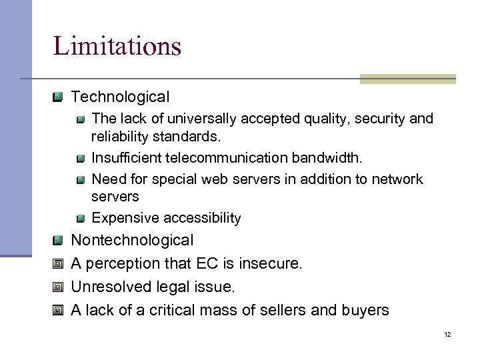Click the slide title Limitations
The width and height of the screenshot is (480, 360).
(117, 46)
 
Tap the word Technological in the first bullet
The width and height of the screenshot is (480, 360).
(120, 97)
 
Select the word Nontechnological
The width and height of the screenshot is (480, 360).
(132, 239)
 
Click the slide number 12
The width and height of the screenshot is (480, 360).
(447, 333)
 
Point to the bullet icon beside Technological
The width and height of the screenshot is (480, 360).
(59, 97)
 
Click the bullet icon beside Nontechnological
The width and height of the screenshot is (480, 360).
(59, 240)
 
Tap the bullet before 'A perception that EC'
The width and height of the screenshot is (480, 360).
(59, 264)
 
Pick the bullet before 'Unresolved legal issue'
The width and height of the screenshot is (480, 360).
(59, 287)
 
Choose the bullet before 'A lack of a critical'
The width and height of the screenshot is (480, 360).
(59, 311)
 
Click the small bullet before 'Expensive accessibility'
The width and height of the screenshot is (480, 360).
(80, 219)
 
